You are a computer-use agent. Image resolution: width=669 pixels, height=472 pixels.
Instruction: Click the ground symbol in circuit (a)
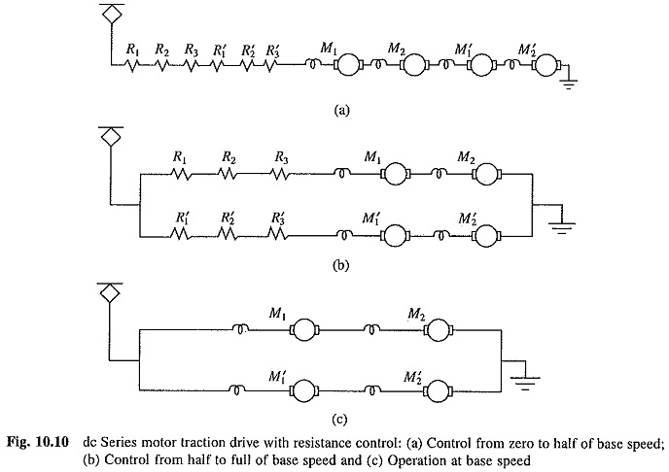point(569,84)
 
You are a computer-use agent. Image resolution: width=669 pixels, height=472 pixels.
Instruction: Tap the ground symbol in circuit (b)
point(561,228)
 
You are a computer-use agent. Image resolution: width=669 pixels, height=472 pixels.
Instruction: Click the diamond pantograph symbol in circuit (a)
point(112,14)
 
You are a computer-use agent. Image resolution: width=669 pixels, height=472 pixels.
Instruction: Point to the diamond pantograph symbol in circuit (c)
point(110,293)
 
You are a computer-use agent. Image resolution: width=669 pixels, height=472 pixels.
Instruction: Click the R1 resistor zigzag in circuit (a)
point(132,65)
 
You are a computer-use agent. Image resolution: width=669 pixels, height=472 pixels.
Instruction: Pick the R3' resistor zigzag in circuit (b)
point(278,233)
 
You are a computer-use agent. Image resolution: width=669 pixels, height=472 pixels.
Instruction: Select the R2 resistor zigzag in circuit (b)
point(228,174)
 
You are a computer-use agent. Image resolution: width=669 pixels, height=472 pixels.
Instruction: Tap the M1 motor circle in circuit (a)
point(348,65)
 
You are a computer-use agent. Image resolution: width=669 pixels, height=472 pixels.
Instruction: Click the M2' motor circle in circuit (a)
point(546,65)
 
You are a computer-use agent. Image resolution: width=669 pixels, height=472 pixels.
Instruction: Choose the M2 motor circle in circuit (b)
point(486,174)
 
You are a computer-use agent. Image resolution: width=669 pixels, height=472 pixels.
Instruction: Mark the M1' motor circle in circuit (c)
point(304,389)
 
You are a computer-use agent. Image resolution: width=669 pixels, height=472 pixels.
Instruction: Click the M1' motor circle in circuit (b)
point(395,236)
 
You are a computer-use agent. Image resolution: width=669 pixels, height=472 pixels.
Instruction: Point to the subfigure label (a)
point(341,111)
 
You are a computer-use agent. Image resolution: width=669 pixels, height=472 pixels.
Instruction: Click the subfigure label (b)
point(341,265)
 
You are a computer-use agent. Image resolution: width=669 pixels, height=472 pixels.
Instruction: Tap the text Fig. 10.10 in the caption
point(38,443)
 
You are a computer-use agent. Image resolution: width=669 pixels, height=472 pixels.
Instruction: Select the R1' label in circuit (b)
point(182,219)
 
